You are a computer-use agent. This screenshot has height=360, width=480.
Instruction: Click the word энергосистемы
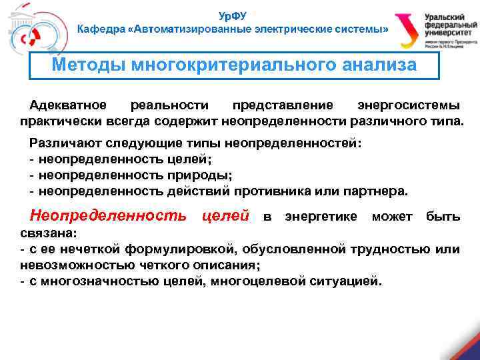[x=408, y=106]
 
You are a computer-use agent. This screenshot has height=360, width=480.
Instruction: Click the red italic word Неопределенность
[x=108, y=217]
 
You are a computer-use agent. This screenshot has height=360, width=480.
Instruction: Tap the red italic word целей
[x=225, y=217]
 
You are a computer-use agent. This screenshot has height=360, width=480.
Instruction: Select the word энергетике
[x=321, y=217]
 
